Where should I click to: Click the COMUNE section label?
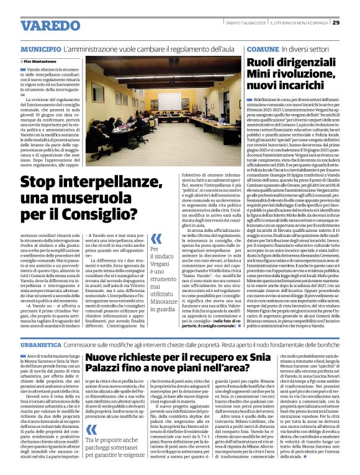tap(263, 48)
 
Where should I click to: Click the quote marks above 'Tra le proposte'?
tap(92, 412)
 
